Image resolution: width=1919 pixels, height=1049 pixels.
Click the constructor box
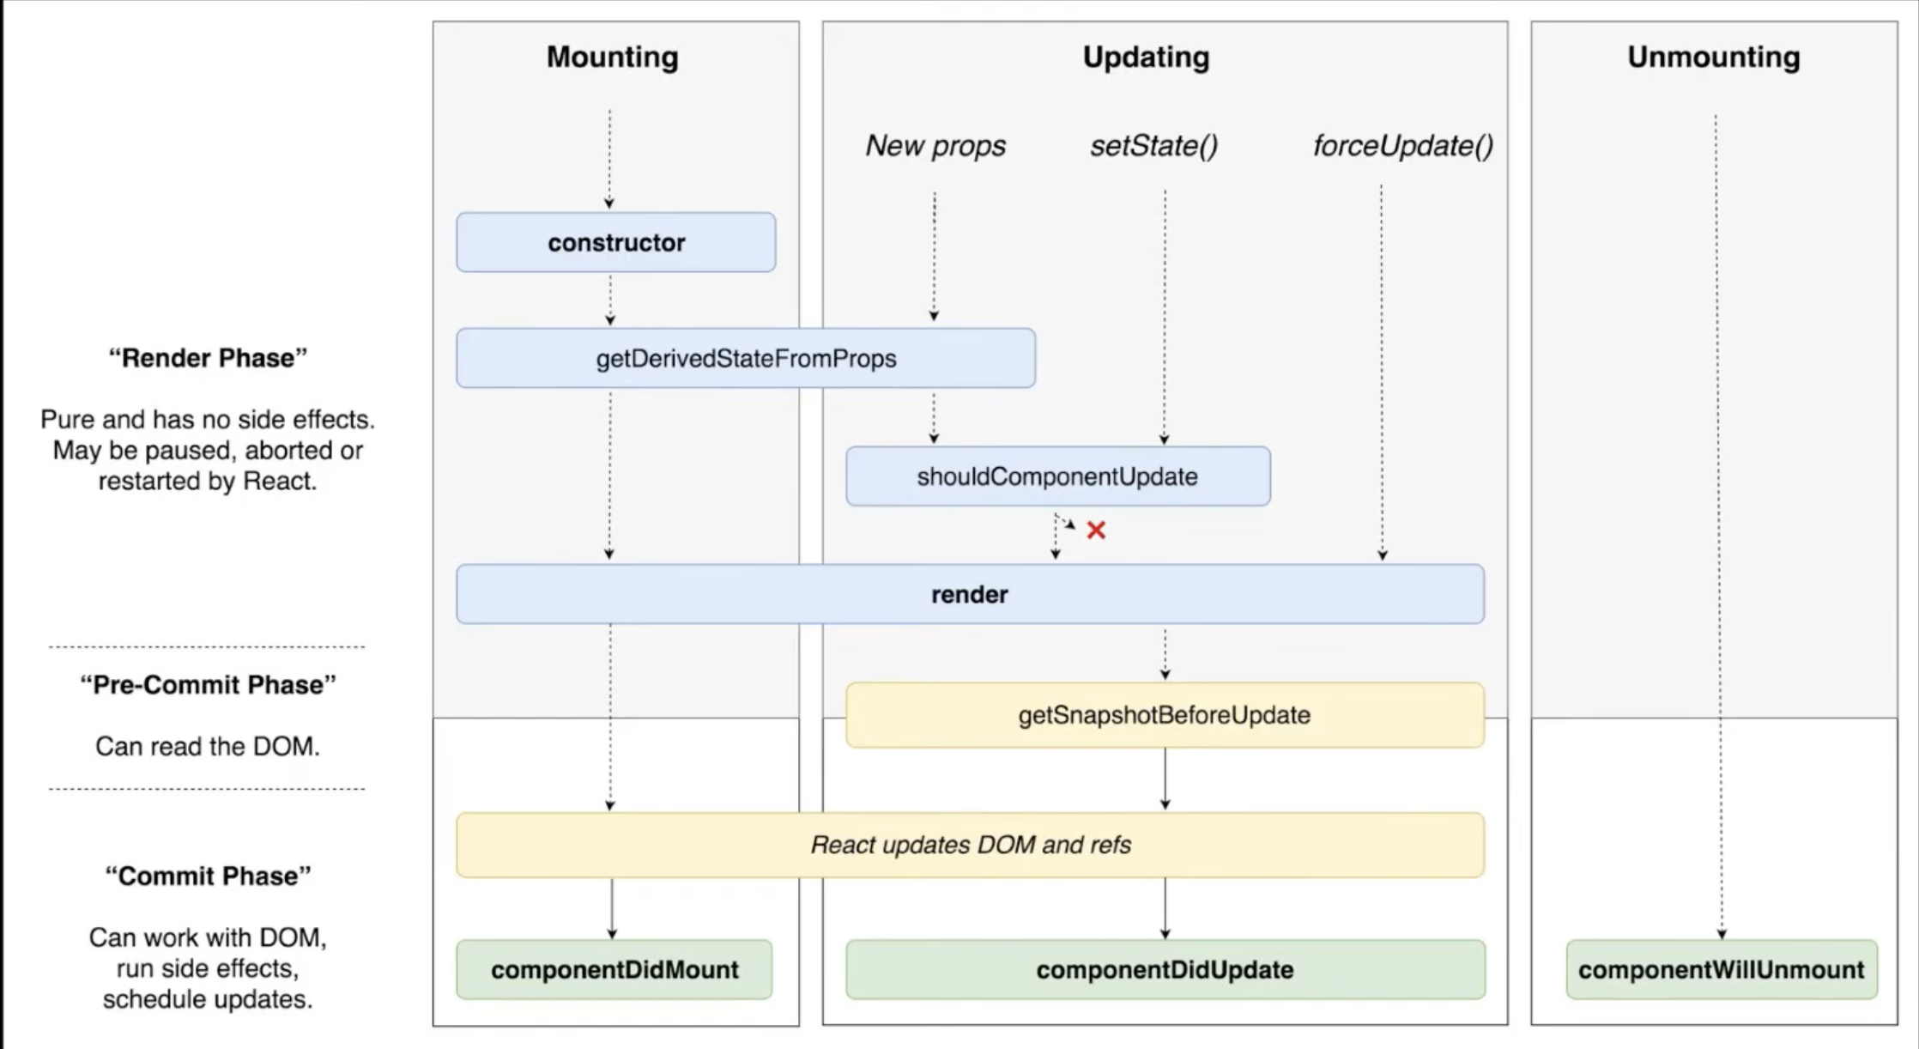[x=615, y=243]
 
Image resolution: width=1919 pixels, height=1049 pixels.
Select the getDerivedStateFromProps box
[x=745, y=358]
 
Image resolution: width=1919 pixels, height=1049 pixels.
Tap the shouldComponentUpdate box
[x=1057, y=476]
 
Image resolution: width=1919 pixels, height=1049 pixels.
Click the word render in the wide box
[x=969, y=594]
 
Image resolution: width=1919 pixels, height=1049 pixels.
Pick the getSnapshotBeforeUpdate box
[x=1164, y=715]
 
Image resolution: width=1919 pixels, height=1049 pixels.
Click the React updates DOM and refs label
[x=970, y=845]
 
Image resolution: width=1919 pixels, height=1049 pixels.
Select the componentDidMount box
[x=614, y=969]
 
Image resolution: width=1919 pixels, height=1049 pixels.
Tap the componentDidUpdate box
[x=1165, y=969]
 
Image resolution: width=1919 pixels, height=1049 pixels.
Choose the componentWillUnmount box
[x=1721, y=969]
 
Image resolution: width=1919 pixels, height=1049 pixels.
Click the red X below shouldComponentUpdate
[x=1096, y=531]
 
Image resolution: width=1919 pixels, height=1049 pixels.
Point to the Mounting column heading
[x=612, y=57]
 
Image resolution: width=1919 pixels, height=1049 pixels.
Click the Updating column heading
[x=1146, y=57]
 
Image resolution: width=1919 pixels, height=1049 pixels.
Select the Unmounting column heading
[x=1713, y=57]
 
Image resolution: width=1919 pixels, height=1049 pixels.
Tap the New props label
[x=935, y=145]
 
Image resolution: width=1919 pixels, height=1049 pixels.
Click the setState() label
[x=1153, y=145]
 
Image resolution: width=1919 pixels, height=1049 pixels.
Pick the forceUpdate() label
[x=1402, y=145]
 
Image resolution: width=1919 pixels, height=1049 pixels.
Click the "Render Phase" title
[x=208, y=358]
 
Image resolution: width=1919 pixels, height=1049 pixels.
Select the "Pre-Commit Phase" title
[x=208, y=685]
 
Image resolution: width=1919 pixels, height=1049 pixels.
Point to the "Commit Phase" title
[x=208, y=876]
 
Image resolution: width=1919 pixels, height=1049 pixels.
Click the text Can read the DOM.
[x=208, y=746]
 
